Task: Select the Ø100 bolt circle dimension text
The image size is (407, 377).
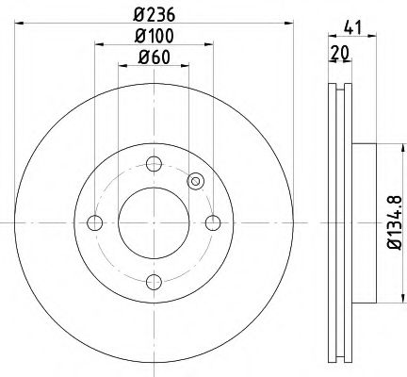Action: click(x=154, y=38)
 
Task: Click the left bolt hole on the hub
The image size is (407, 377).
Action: click(x=93, y=223)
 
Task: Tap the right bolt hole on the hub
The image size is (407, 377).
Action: click(x=214, y=223)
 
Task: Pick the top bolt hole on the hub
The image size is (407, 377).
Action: click(x=154, y=163)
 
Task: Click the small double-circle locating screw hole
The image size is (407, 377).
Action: click(x=196, y=182)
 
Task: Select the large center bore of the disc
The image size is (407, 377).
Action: click(x=154, y=223)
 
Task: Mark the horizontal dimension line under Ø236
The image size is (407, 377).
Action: click(x=154, y=23)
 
